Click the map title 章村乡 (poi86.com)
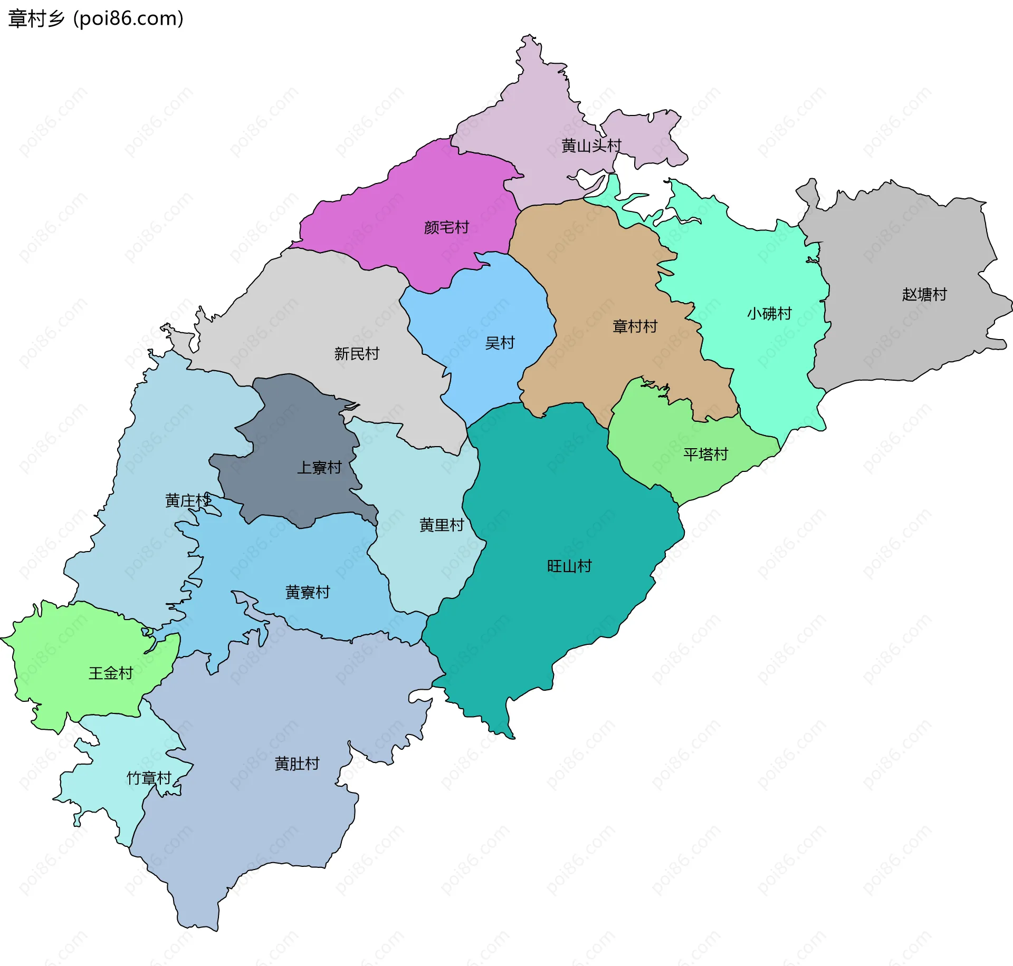(x=95, y=19)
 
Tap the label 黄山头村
(x=591, y=146)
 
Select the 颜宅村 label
(x=446, y=227)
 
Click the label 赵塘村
(x=924, y=294)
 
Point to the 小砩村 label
(x=769, y=314)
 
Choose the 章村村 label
(x=635, y=326)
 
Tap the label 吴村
(x=499, y=343)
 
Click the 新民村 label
(x=357, y=354)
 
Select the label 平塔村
(x=705, y=454)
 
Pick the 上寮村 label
(x=319, y=468)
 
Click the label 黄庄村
(x=188, y=500)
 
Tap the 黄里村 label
(x=442, y=525)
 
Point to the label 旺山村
(x=569, y=566)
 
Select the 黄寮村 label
(x=308, y=593)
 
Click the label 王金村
(x=110, y=673)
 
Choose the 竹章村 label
(x=149, y=778)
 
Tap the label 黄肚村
(x=297, y=764)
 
